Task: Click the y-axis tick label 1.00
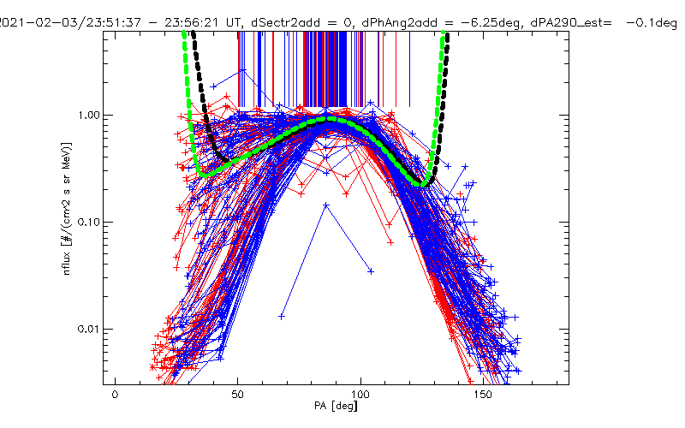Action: [89, 115]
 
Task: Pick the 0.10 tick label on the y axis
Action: [89, 222]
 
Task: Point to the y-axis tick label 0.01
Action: [89, 329]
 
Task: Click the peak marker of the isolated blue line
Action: [326, 205]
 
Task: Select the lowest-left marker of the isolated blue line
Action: [282, 316]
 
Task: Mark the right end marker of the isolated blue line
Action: [371, 271]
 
